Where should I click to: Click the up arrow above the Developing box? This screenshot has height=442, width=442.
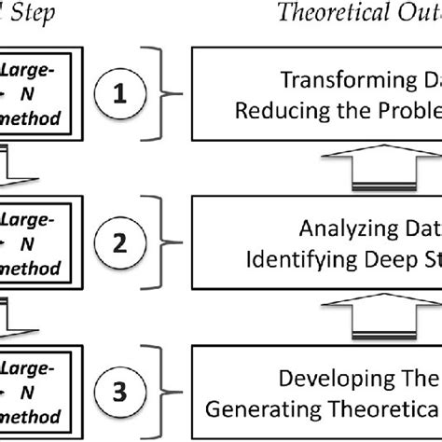coord(372,313)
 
